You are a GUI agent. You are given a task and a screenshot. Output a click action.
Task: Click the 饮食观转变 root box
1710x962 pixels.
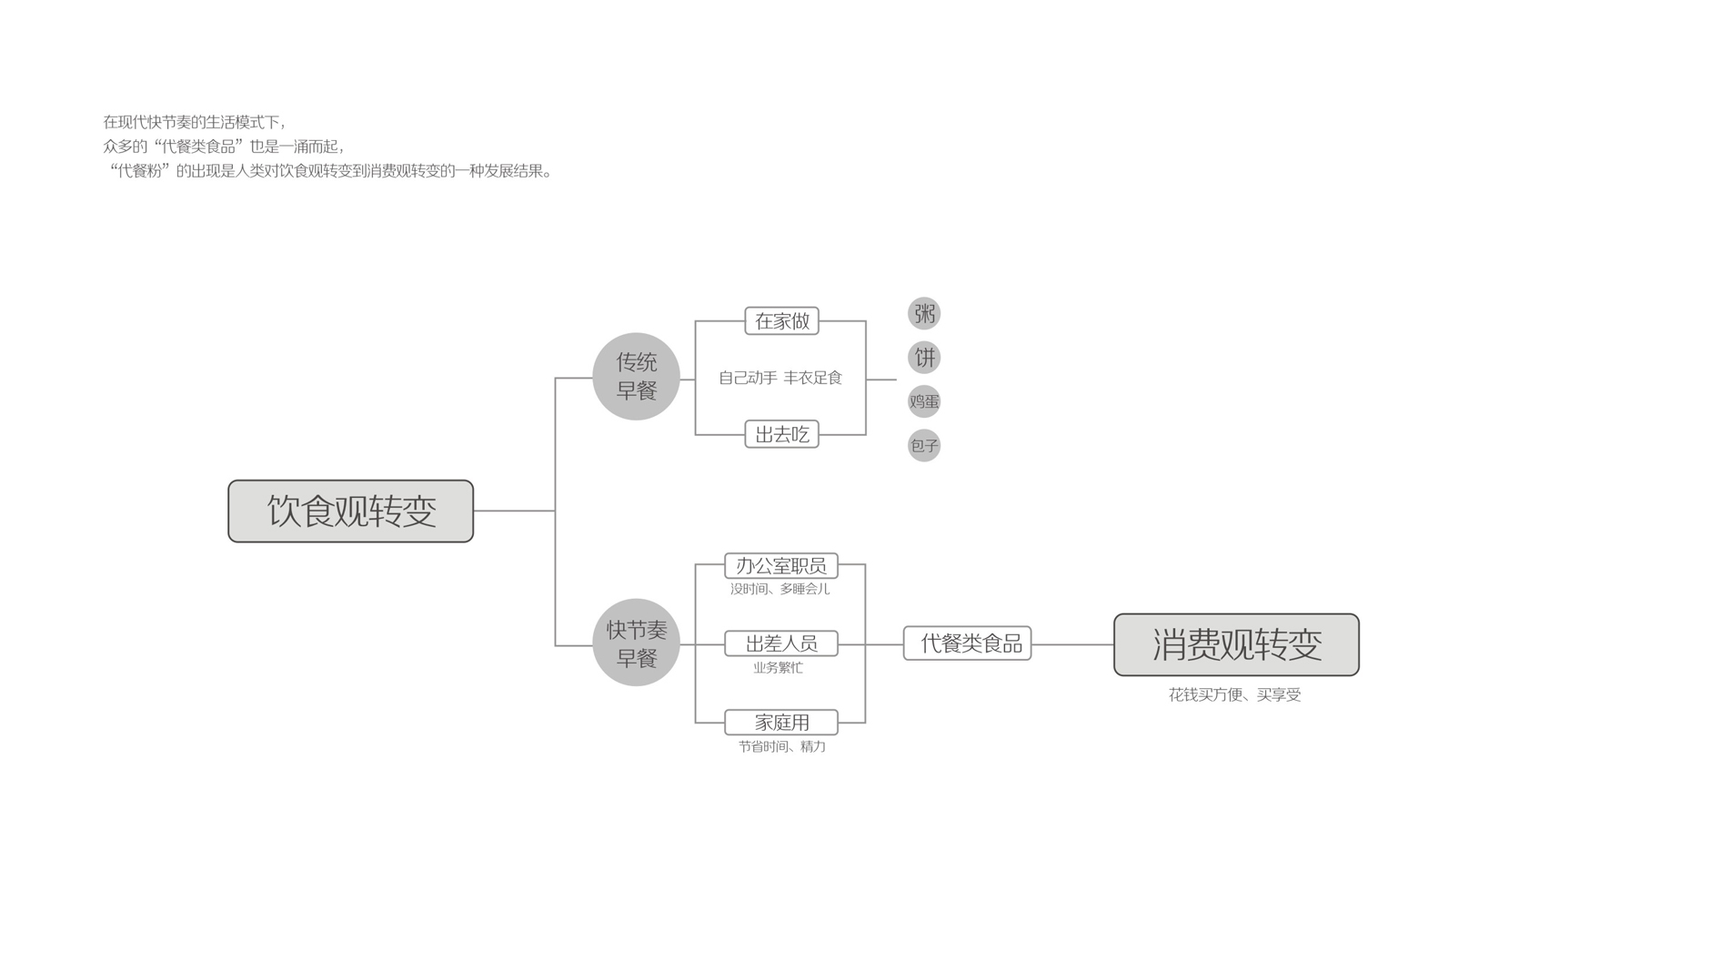click(x=350, y=511)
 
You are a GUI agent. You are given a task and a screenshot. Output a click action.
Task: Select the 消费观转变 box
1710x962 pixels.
click(x=1235, y=644)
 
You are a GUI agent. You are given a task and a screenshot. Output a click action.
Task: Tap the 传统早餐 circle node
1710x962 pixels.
click(x=636, y=376)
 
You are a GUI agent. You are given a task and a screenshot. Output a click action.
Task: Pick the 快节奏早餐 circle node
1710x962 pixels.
click(x=636, y=643)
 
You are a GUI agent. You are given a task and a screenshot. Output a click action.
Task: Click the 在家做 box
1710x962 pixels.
click(x=781, y=321)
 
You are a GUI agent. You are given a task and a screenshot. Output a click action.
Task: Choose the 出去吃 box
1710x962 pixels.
click(x=781, y=434)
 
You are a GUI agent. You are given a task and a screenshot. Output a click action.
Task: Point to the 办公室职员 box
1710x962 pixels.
click(x=780, y=565)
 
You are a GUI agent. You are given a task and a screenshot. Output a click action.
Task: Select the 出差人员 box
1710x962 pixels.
click(x=780, y=643)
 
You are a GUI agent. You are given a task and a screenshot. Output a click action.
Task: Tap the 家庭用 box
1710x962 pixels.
click(x=780, y=722)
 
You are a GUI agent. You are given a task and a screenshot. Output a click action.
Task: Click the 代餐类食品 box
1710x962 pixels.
click(x=967, y=643)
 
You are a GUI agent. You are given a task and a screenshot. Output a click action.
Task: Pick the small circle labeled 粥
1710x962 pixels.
click(x=924, y=314)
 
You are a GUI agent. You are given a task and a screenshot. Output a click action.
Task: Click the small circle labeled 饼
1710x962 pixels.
click(x=924, y=358)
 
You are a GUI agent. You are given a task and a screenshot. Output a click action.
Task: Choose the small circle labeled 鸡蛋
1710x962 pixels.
click(x=924, y=401)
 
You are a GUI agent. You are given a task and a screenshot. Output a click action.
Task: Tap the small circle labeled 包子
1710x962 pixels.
click(x=924, y=445)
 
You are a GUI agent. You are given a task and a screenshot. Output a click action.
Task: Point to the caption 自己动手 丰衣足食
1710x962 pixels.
click(x=780, y=378)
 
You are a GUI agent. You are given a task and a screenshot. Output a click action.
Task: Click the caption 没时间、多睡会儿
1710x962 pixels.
click(x=780, y=589)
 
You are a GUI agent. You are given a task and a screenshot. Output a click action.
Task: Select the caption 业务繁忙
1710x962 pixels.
click(x=778, y=668)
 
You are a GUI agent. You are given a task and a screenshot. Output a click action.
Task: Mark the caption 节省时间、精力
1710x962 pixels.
click(x=781, y=746)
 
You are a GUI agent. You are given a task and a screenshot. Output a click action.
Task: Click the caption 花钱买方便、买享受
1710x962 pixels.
click(x=1234, y=694)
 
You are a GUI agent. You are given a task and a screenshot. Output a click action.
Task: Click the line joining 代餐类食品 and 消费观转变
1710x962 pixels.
click(x=1072, y=644)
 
